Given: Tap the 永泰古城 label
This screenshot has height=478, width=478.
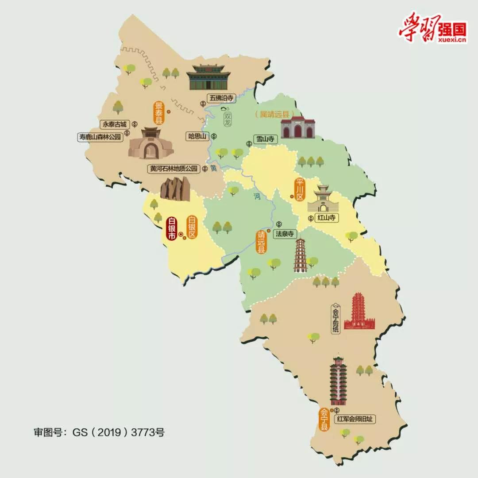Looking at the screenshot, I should [115, 124].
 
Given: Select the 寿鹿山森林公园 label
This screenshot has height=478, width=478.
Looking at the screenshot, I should [100, 137].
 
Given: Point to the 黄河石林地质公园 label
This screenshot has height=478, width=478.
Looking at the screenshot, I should [173, 169].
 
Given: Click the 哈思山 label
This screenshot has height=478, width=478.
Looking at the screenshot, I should [197, 136].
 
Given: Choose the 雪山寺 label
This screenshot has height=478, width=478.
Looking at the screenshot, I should [265, 139].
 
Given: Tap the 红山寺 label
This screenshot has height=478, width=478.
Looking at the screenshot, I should [328, 217].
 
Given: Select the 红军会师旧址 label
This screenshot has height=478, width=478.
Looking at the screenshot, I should [358, 419].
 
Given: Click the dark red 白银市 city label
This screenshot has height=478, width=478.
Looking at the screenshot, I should [171, 228].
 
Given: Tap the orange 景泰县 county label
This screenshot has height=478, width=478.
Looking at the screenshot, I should [158, 112].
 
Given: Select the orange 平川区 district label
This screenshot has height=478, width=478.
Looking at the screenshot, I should [300, 189].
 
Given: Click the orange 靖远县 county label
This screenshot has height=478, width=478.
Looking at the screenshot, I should [262, 242].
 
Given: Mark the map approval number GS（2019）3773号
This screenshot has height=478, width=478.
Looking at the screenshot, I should [99, 432].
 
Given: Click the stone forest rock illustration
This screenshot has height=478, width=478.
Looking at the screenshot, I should [175, 188].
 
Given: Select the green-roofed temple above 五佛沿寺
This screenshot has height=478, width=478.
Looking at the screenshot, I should [208, 77].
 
